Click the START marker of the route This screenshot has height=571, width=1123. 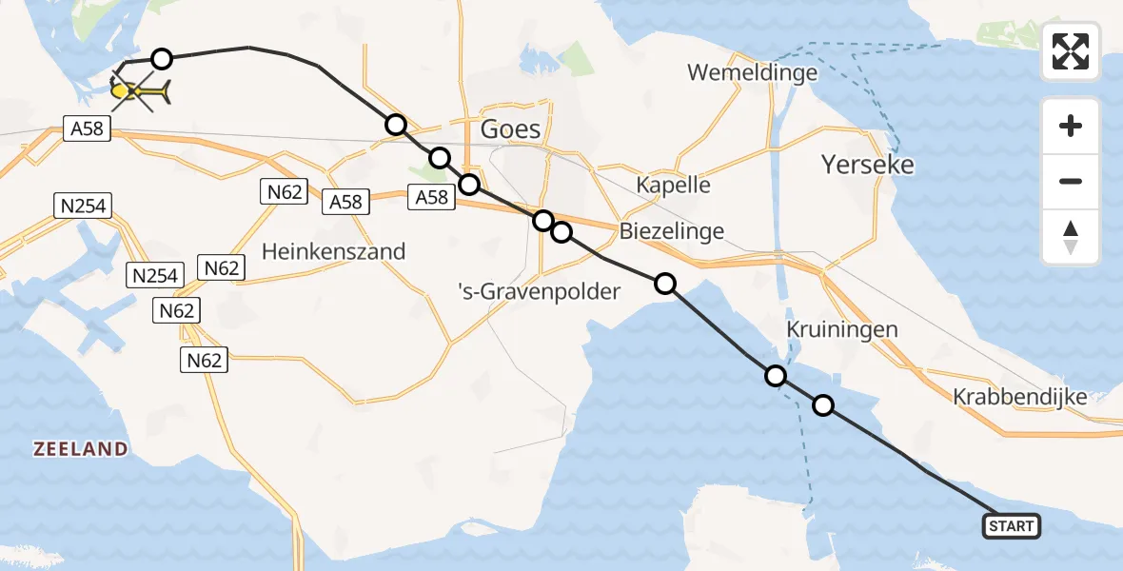tap(1011, 526)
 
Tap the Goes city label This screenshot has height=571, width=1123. tap(511, 129)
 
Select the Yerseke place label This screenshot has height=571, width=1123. tap(868, 165)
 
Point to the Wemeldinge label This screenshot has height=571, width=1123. tap(752, 72)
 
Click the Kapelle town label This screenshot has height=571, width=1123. tap(674, 185)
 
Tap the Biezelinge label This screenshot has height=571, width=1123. tap(672, 230)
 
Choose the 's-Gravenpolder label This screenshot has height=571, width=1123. tap(540, 291)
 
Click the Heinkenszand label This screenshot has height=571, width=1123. tap(333, 251)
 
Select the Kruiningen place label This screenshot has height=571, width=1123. tap(843, 329)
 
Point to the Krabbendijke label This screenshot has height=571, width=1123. tap(1020, 397)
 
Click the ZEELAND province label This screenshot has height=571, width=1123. tap(81, 449)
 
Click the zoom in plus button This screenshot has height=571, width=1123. tap(1071, 126)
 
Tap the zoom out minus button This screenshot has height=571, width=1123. tap(1071, 181)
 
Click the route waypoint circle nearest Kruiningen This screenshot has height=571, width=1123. tap(777, 376)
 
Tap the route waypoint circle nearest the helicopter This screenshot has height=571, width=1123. tap(162, 59)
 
